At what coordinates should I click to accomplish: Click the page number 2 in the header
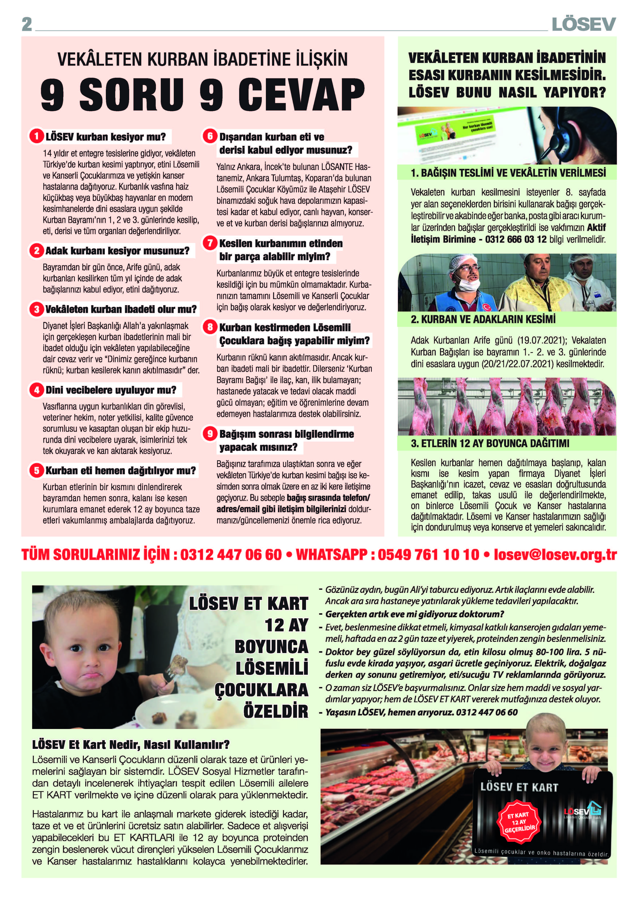(27, 24)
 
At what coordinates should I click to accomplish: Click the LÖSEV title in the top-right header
(583, 24)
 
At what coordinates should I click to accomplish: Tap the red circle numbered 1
(36, 137)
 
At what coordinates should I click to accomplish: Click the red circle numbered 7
(210, 243)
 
